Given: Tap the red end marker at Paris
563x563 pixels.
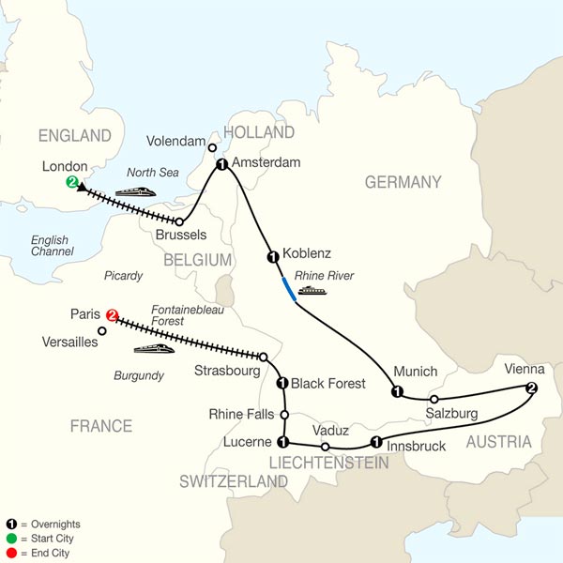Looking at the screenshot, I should coord(114,315).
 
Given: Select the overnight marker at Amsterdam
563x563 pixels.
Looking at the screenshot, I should coord(221,165).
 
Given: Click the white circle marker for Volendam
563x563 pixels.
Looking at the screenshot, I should coord(213,147).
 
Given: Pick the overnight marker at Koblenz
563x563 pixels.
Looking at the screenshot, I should coord(273,256).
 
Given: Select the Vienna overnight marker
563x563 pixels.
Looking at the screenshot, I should coord(532,388).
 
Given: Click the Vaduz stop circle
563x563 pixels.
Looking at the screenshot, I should coord(326,447).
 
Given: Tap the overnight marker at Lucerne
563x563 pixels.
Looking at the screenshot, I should coord(282,441).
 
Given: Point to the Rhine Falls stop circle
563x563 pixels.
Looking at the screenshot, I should coord(283,413).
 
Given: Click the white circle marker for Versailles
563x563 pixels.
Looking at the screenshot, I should coord(102,330).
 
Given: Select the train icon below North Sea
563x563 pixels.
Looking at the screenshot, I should coord(133,191).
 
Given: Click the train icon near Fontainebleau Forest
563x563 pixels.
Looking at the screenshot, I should coord(153,349).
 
